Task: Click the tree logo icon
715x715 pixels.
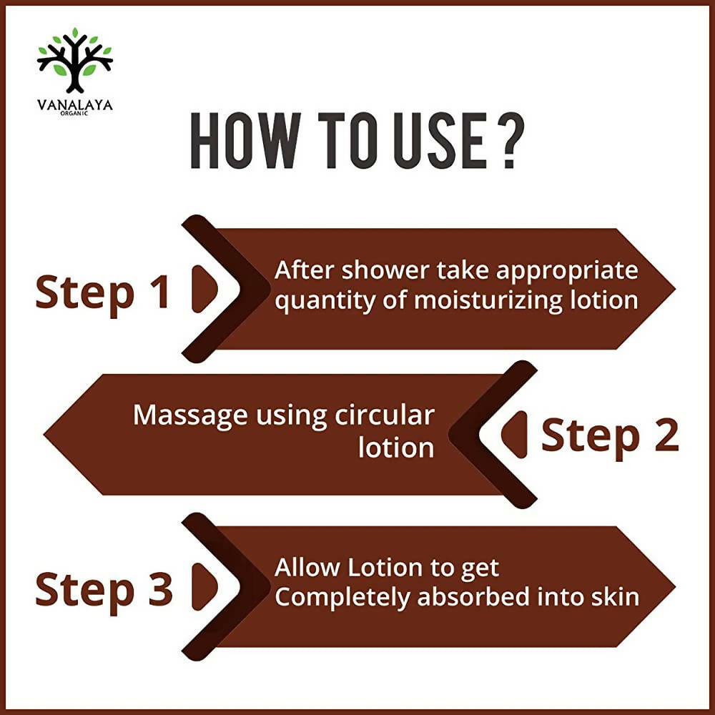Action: (x=75, y=60)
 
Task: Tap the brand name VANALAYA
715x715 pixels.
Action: (x=75, y=105)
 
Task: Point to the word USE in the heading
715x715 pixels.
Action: (x=440, y=141)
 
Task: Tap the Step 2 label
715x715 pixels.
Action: (x=610, y=437)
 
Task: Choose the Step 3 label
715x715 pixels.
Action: (x=104, y=591)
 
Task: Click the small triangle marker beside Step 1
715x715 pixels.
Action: (x=204, y=289)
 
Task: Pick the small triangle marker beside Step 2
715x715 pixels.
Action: (x=514, y=434)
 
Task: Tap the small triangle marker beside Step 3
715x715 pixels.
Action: (x=204, y=586)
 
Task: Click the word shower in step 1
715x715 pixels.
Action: (x=385, y=270)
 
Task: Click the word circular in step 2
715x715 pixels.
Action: (x=385, y=415)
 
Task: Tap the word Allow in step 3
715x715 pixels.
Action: (x=307, y=568)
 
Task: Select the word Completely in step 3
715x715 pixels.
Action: (x=342, y=598)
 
